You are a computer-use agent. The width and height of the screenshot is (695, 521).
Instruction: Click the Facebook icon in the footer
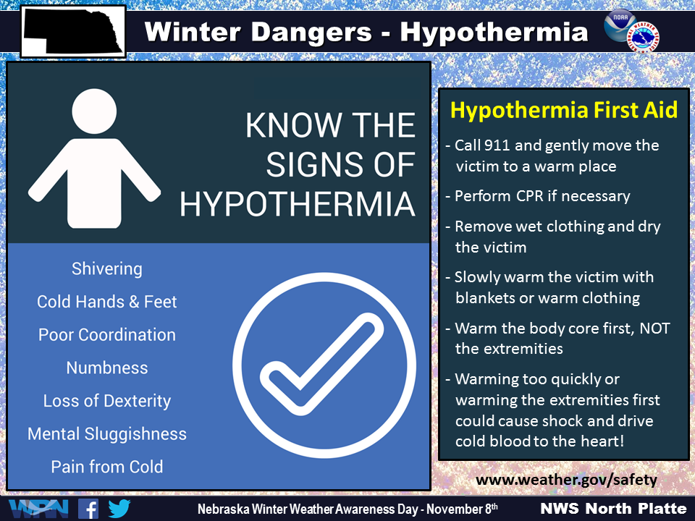coord(88,509)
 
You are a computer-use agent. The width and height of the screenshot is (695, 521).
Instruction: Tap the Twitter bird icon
coord(119,509)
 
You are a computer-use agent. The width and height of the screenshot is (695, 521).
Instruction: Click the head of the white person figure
coord(94,111)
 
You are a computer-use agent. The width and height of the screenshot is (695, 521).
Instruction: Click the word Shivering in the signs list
coord(107,269)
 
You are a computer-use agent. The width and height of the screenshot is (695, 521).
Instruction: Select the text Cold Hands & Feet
coord(107,302)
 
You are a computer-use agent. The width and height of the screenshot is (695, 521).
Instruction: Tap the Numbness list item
coord(107,368)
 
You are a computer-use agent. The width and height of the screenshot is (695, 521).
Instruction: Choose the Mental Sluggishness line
coord(107,433)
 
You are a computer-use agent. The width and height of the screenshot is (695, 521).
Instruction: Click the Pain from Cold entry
coord(107,467)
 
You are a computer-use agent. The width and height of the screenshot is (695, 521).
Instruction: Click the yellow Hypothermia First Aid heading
coord(564,110)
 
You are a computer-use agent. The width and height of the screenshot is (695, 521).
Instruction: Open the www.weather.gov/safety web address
coord(566,480)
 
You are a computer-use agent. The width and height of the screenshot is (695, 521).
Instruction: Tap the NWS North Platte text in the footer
coord(613,509)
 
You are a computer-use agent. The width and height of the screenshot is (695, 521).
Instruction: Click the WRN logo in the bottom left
coord(38,509)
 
